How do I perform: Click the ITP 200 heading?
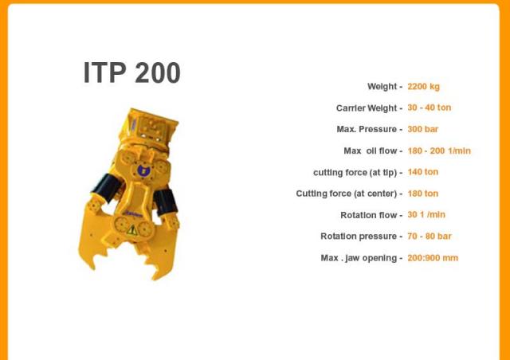coord(132,72)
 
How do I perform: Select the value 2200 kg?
coord(423,87)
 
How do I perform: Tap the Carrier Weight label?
coord(367,108)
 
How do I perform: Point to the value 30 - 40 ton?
coord(430,108)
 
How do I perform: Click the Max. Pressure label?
coord(367,130)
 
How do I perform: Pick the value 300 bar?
coord(423,130)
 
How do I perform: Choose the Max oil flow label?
coord(371,151)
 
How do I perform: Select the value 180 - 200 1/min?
coord(439,151)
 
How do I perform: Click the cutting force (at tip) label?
coord(355,172)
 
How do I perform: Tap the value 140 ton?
coord(423,172)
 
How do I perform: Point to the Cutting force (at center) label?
coord(347,194)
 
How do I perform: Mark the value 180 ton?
coord(423,194)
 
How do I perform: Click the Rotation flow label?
coord(369,215)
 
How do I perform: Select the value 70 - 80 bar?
coord(430,237)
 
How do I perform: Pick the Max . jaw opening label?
coord(359,258)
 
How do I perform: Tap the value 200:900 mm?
coord(433,258)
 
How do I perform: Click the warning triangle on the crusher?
coord(131,230)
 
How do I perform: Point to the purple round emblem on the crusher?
coord(143,170)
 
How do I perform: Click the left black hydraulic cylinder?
coord(107,188)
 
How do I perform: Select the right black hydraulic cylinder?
coord(166,202)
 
